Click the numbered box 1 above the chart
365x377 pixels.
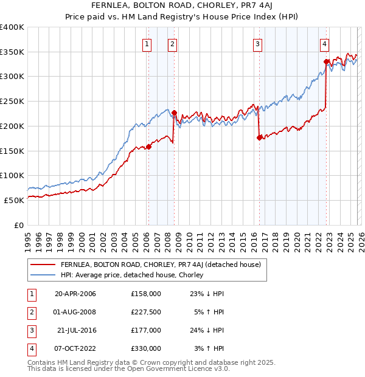[148, 44]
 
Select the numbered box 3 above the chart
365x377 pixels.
[258, 44]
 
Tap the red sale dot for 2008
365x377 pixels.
[174, 112]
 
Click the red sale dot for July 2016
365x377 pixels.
[259, 137]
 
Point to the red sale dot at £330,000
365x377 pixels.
[326, 61]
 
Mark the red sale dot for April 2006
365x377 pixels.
[148, 147]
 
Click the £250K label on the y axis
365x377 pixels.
[12, 101]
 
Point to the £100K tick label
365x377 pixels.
[12, 175]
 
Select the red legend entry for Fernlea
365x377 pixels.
[161, 265]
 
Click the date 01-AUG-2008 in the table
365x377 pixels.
[75, 312]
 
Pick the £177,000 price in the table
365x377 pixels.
[145, 330]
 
